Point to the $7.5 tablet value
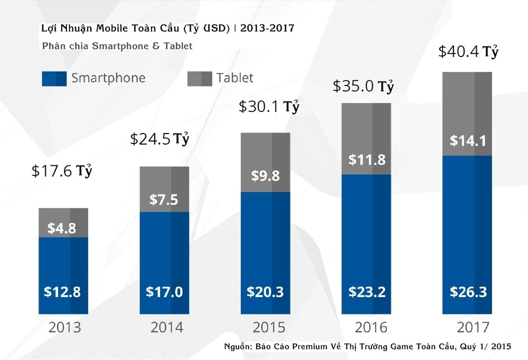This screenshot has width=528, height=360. coord(164,200)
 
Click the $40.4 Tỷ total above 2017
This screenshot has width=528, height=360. coord(469,53)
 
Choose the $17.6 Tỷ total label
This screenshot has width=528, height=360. coord(62,171)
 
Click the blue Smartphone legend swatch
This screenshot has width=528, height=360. coord(54,79)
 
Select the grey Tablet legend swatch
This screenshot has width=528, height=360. coord(200,79)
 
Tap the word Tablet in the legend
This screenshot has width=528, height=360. coord(235,78)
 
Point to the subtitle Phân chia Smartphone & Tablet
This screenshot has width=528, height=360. coord(117,46)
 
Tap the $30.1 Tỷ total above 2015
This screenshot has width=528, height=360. coord(269,107)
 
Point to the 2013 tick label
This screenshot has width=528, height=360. coord(64,327)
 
